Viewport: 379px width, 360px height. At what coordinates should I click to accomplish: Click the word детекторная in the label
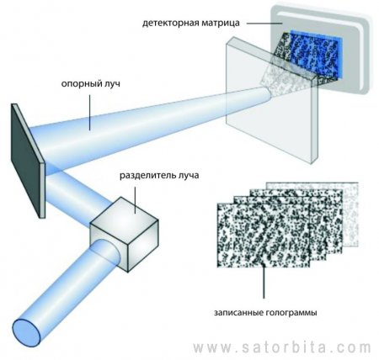tap(171, 23)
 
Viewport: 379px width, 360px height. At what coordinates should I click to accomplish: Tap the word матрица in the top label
tap(221, 23)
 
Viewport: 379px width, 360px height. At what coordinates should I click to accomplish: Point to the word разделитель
tap(147, 176)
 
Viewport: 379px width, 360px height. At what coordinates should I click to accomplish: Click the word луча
tap(188, 176)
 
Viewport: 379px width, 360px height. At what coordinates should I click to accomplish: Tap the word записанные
tap(238, 312)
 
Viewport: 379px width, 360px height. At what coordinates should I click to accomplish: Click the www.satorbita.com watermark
tap(282, 348)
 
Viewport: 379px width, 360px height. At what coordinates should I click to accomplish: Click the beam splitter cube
tap(124, 234)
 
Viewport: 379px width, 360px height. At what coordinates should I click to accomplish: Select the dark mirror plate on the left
tap(28, 161)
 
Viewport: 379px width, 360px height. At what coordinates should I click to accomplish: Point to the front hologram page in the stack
tap(264, 235)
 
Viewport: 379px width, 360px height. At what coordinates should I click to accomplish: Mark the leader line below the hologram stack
tap(264, 283)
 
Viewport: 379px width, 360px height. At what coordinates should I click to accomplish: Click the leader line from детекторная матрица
tap(264, 24)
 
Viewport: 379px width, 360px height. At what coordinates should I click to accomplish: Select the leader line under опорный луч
tap(90, 113)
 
